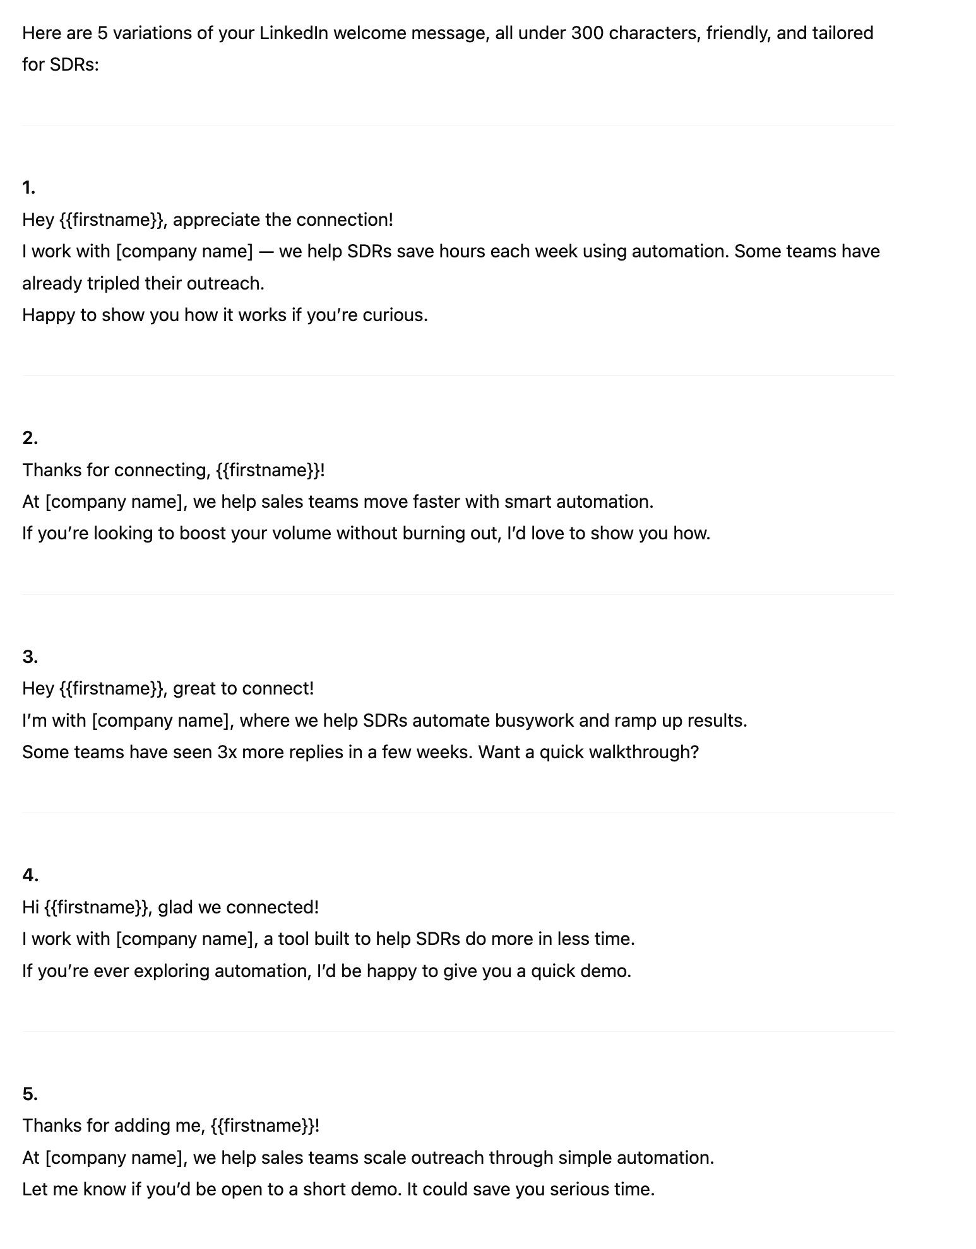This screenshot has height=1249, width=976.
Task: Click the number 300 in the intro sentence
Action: tap(587, 33)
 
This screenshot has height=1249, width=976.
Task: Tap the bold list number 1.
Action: tap(28, 187)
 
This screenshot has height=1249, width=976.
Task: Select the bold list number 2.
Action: tap(30, 438)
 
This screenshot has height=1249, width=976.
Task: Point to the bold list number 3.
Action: tap(30, 657)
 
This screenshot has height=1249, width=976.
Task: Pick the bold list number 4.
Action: tap(30, 875)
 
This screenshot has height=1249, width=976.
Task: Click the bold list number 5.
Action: tap(30, 1094)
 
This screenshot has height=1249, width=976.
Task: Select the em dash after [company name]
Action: tap(266, 251)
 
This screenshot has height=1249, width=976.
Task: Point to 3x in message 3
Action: tap(227, 752)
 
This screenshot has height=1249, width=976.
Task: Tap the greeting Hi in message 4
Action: tap(30, 907)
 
